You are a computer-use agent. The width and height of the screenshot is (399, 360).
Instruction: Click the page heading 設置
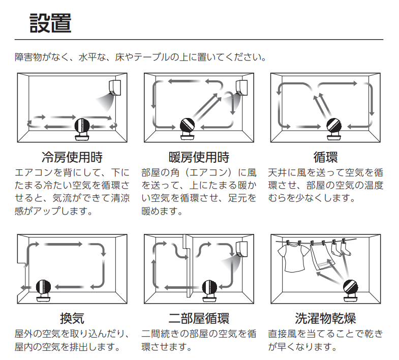(50, 23)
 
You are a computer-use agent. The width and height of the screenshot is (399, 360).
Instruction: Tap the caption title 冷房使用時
(72, 157)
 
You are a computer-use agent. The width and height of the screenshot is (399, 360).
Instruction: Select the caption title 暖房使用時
(199, 157)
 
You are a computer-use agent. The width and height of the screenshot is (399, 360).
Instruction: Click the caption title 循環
(325, 157)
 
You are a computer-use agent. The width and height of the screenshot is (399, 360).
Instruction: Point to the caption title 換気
(72, 318)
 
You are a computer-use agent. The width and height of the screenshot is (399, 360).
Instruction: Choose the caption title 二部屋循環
(199, 318)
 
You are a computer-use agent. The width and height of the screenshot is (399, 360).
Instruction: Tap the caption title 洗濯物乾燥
(325, 318)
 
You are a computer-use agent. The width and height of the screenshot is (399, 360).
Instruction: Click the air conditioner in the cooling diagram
(115, 87)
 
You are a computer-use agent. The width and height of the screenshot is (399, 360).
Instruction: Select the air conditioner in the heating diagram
(241, 87)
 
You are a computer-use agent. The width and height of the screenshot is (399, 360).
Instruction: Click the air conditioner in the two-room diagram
(241, 249)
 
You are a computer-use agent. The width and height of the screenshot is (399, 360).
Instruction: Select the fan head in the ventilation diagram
(44, 287)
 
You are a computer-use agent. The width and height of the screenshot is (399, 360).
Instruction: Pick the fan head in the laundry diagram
(351, 287)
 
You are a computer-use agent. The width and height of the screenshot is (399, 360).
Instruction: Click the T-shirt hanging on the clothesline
(293, 257)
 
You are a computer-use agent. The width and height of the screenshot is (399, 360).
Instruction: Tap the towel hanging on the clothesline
(322, 256)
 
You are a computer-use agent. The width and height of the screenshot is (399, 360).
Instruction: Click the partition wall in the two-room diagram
(188, 265)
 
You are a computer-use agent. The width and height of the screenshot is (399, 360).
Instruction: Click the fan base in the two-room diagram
(209, 298)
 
